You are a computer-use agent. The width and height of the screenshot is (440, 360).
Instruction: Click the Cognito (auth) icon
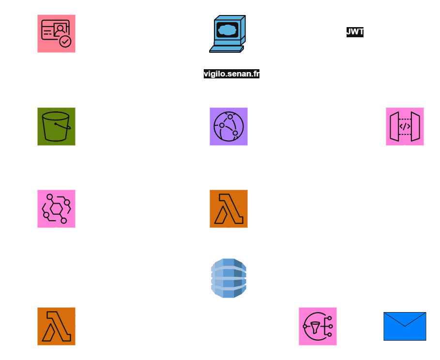[57, 33]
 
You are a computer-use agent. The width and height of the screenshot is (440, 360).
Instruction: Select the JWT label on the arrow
[355, 32]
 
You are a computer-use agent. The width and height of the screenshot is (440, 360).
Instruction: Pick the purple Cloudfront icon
[228, 126]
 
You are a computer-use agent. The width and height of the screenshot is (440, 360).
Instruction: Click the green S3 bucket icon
[57, 126]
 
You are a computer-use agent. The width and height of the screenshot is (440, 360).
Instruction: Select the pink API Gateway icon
[405, 126]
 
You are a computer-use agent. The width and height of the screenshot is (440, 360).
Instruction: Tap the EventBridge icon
[57, 209]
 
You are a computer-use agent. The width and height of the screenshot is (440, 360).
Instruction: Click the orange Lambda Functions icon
[228, 209]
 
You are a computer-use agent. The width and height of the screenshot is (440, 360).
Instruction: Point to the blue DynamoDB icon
[228, 278]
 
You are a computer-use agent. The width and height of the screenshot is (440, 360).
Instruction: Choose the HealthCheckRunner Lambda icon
[57, 326]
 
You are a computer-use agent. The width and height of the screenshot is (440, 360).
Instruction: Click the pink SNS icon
[318, 326]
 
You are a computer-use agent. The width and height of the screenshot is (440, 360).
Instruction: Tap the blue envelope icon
[405, 326]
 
